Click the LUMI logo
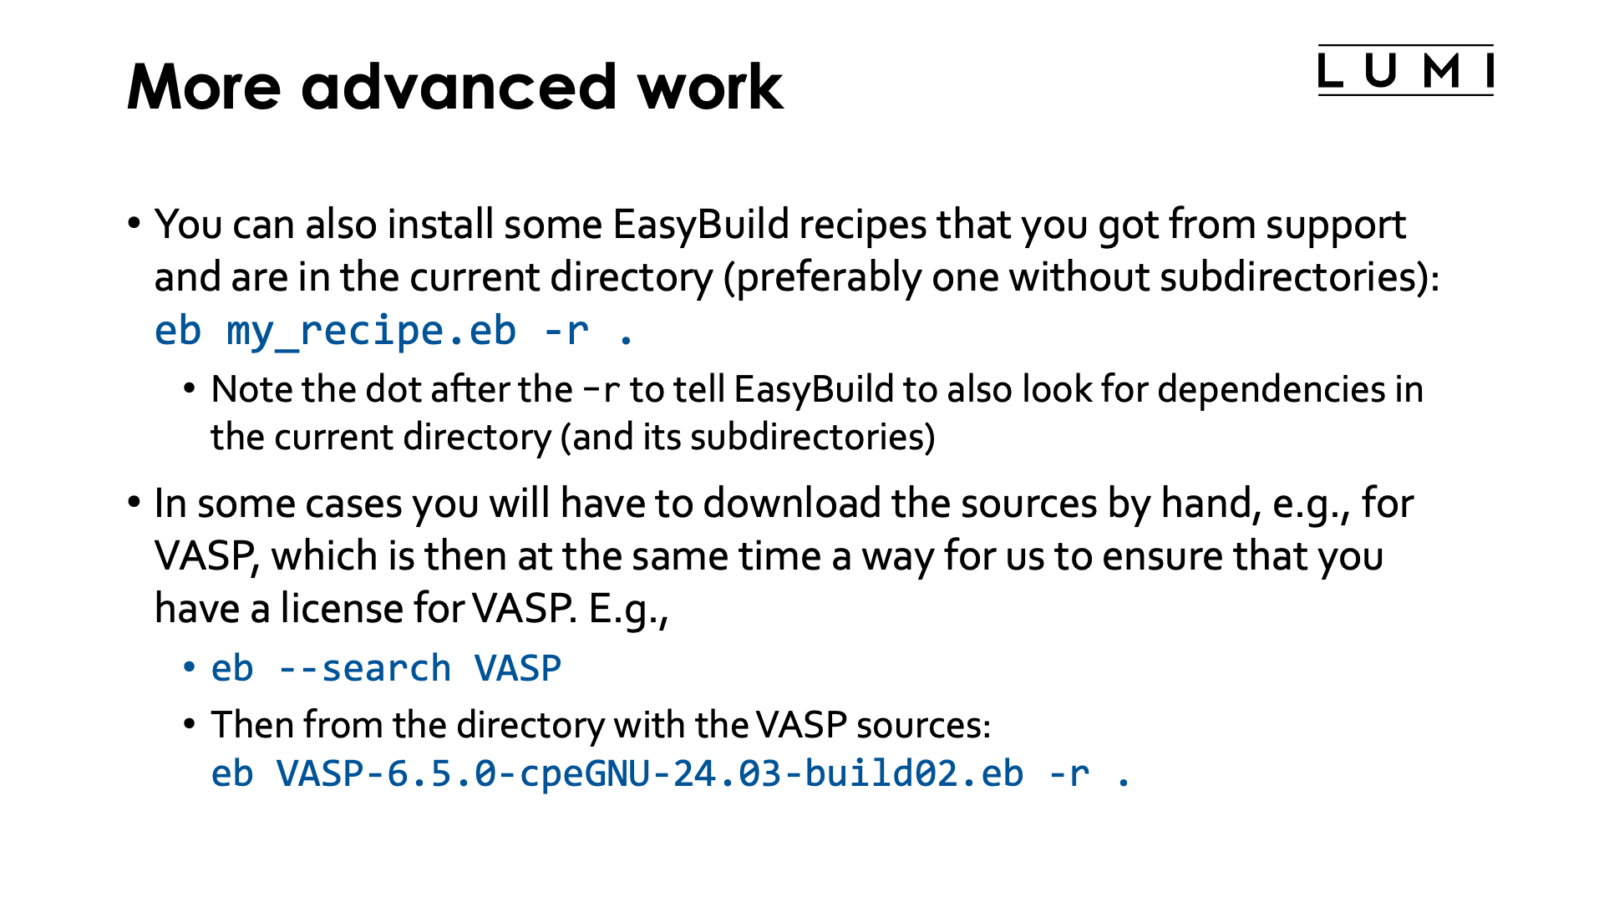click(x=1405, y=70)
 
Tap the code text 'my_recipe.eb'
click(x=372, y=332)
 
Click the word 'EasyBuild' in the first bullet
click(x=701, y=225)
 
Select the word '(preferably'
click(x=822, y=278)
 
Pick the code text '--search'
click(x=364, y=669)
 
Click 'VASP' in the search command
click(x=518, y=669)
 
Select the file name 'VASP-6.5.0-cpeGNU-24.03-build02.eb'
click(x=650, y=773)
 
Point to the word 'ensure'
click(x=1162, y=557)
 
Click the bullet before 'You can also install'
click(x=134, y=224)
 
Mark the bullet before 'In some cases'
click(x=134, y=503)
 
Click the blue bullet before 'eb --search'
click(x=190, y=667)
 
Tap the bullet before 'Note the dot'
click(x=190, y=388)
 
